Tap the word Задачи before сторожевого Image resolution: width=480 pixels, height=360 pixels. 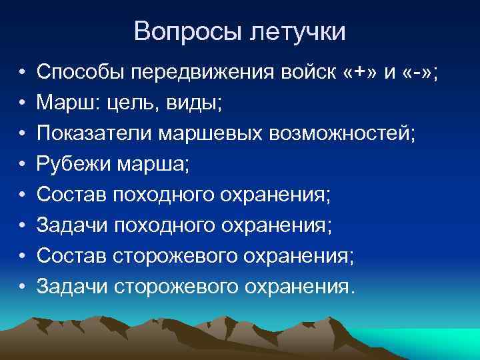coord(73,286)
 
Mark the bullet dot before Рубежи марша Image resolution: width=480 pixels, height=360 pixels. coord(22,163)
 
